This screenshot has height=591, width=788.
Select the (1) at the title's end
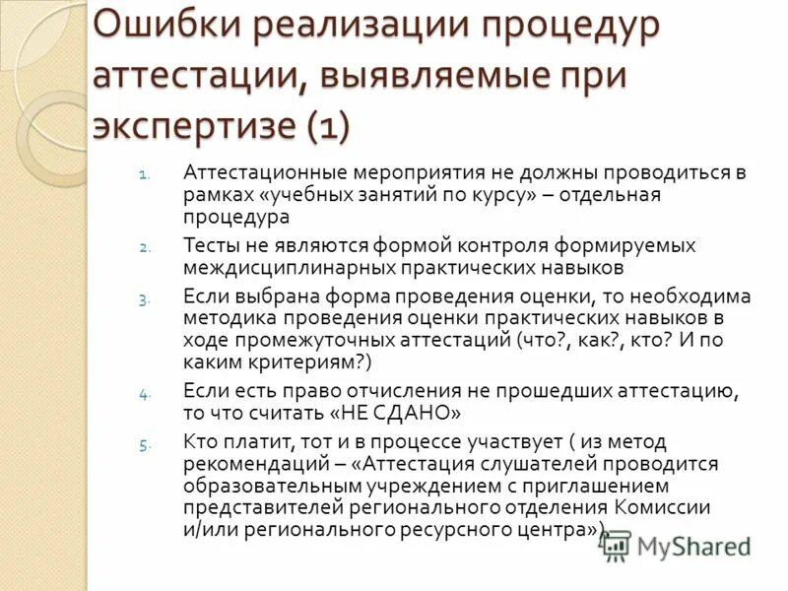tap(326, 125)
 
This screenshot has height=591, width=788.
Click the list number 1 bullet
tap(145, 177)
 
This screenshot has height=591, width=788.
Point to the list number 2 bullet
tap(145, 248)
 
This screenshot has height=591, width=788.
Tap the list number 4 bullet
tap(145, 394)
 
